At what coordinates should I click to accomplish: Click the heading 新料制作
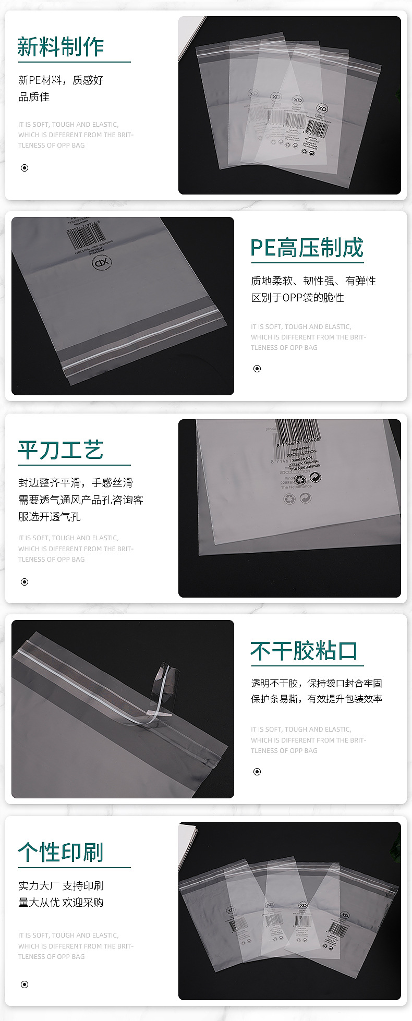coord(60,47)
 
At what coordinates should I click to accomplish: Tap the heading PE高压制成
coord(307,248)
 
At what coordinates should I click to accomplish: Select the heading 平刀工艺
coord(60,450)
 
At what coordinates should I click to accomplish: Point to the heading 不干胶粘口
coord(304,651)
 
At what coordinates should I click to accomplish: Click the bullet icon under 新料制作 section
coord(25,168)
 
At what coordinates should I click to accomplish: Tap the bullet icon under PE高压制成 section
coord(257,369)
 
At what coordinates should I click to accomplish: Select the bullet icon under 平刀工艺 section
coord(25,582)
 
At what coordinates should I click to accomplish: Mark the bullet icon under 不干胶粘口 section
coord(257,772)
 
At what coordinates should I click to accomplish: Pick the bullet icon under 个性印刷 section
coord(25,984)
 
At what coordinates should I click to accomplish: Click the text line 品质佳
coord(34,97)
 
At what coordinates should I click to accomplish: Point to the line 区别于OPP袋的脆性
coord(297,298)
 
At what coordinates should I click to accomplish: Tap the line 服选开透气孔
coord(50,517)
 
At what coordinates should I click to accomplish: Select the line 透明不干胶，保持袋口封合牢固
coord(316,683)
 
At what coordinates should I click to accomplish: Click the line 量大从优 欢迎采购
coord(60,903)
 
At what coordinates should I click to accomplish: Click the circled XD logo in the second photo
coord(102,263)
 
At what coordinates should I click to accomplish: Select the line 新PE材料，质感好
coord(60,80)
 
